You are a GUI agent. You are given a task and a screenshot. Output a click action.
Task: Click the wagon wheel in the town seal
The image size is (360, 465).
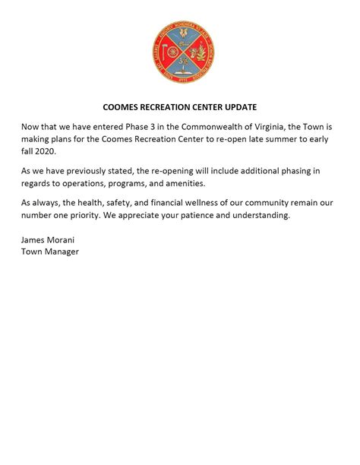(172, 52)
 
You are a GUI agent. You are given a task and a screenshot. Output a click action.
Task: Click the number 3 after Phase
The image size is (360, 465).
(166, 126)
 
